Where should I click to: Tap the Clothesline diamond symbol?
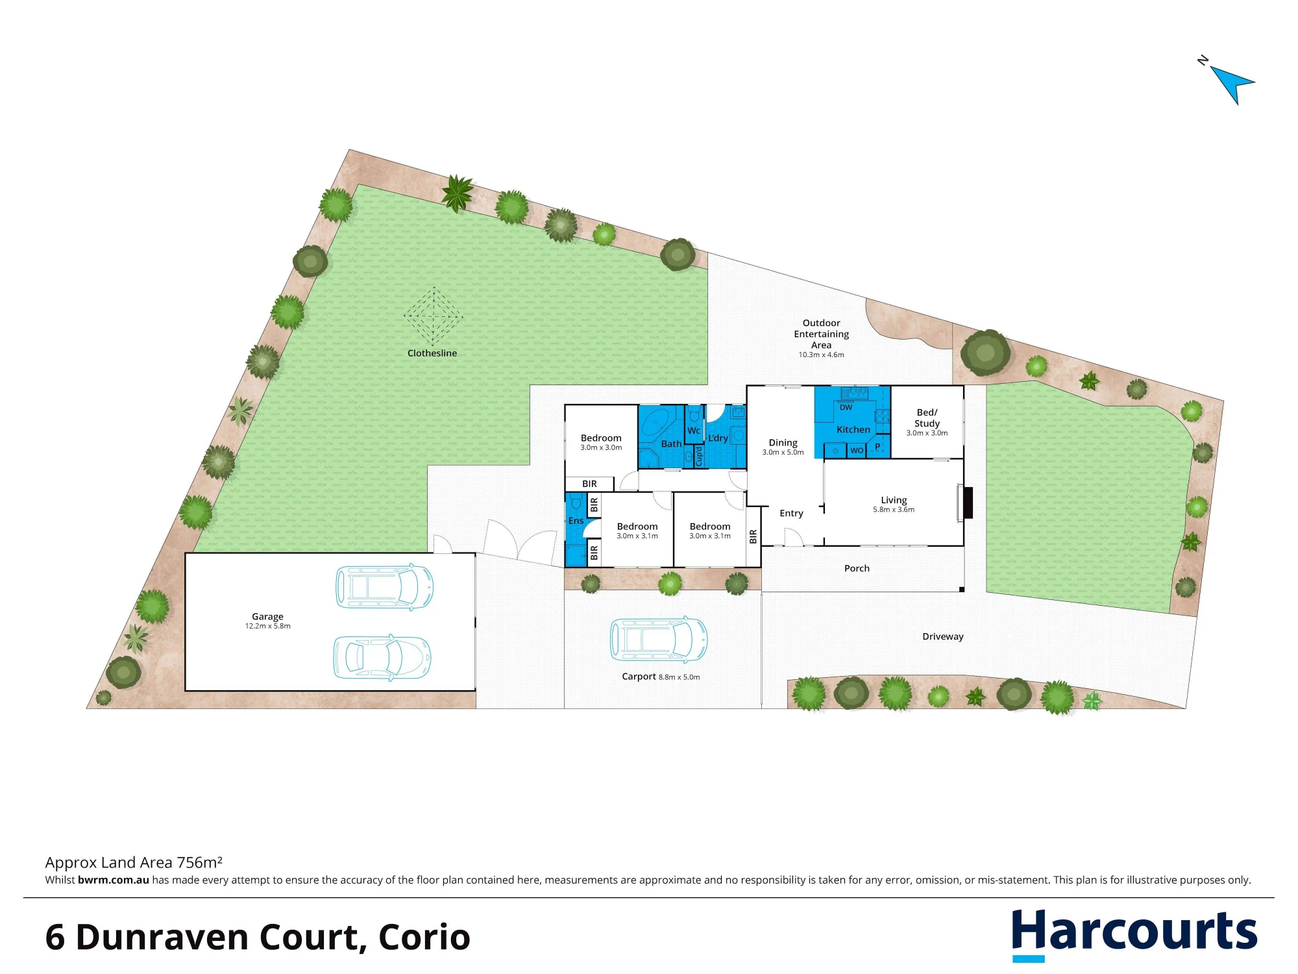pyautogui.click(x=433, y=317)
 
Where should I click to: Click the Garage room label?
pyautogui.click(x=267, y=616)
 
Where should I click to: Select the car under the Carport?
pyautogui.click(x=658, y=640)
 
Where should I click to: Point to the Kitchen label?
pyautogui.click(x=853, y=429)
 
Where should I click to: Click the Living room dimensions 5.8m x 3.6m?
pyautogui.click(x=894, y=510)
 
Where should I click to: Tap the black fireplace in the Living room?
pyautogui.click(x=968, y=502)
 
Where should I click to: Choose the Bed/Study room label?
pyautogui.click(x=927, y=418)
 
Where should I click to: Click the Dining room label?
pyautogui.click(x=783, y=442)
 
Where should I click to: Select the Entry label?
pyautogui.click(x=791, y=513)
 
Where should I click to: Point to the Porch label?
pyautogui.click(x=857, y=568)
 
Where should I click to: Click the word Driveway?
pyautogui.click(x=942, y=636)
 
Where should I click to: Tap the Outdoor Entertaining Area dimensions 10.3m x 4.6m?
pyautogui.click(x=821, y=355)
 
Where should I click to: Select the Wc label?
pyautogui.click(x=694, y=431)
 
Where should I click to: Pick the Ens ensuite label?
pyautogui.click(x=576, y=521)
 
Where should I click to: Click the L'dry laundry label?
pyautogui.click(x=718, y=438)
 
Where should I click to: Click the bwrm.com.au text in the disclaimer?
pyautogui.click(x=114, y=880)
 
